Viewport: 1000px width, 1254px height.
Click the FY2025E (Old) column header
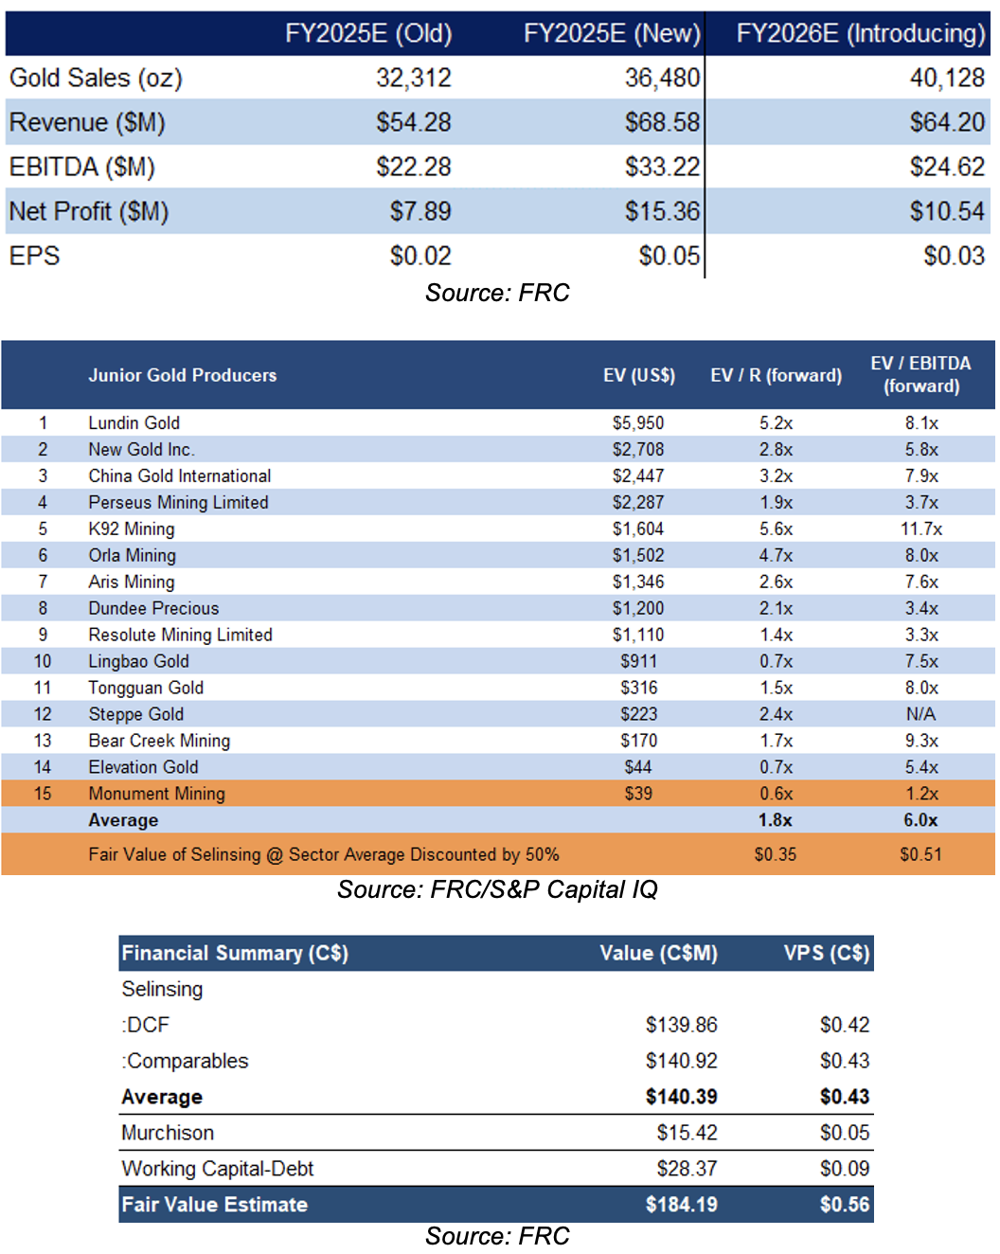pyautogui.click(x=368, y=33)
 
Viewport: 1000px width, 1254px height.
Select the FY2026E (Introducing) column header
pyautogui.click(x=861, y=33)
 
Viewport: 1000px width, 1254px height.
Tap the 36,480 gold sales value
pyautogui.click(x=662, y=78)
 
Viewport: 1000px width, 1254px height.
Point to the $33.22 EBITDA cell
pyautogui.click(x=662, y=167)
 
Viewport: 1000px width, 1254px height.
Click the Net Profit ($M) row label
pyautogui.click(x=89, y=211)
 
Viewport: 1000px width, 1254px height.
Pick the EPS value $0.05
pyautogui.click(x=669, y=256)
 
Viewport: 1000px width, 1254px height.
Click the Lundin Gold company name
pyautogui.click(x=134, y=423)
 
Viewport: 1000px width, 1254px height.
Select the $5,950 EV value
pyautogui.click(x=638, y=423)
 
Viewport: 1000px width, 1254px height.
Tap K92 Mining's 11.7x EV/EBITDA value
pyautogui.click(x=921, y=529)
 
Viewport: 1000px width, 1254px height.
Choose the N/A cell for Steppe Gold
pyautogui.click(x=921, y=714)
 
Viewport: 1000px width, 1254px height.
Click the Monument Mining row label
pyautogui.click(x=157, y=794)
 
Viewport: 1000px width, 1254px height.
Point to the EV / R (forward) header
pyautogui.click(x=777, y=375)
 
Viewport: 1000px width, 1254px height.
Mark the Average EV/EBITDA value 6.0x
pyautogui.click(x=920, y=820)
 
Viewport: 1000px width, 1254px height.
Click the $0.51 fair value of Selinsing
pyautogui.click(x=920, y=855)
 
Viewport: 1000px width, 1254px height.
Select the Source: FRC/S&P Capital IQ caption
pyautogui.click(x=498, y=889)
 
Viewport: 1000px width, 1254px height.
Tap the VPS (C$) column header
pyautogui.click(x=827, y=954)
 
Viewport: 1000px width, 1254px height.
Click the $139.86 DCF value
pyautogui.click(x=681, y=1025)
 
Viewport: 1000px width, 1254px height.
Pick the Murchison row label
pyautogui.click(x=168, y=1133)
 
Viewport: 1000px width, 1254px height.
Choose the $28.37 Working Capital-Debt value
pyautogui.click(x=687, y=1169)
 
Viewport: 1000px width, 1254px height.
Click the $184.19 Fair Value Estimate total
pyautogui.click(x=681, y=1205)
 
